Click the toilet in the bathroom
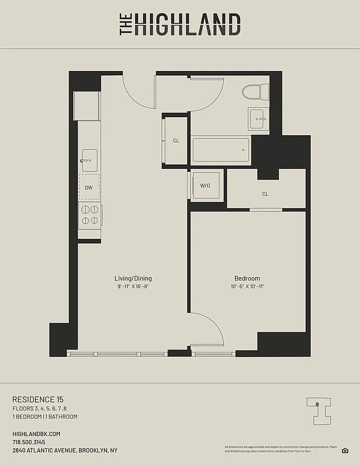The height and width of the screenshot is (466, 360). pos(256,92)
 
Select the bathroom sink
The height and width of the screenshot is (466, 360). pos(258,118)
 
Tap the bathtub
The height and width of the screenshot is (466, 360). pos(221,151)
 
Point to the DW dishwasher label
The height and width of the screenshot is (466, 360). pos(89,188)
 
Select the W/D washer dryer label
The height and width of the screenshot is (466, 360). pos(205,186)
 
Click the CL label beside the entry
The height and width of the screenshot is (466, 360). pos(176,140)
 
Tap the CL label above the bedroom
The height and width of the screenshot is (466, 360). pos(265,194)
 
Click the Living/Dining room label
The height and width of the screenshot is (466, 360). pos(133,278)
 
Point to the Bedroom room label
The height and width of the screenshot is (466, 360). pos(247,278)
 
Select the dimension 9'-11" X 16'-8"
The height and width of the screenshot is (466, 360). pos(133,287)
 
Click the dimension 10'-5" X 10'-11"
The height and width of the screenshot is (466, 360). pos(247,287)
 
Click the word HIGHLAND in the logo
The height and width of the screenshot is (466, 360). pos(187,25)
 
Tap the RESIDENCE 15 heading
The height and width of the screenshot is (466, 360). pos(38,399)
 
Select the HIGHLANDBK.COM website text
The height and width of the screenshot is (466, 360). pos(36,434)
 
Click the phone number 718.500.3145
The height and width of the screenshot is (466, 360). pos(32,442)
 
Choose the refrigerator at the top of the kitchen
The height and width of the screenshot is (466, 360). pos(87,105)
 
